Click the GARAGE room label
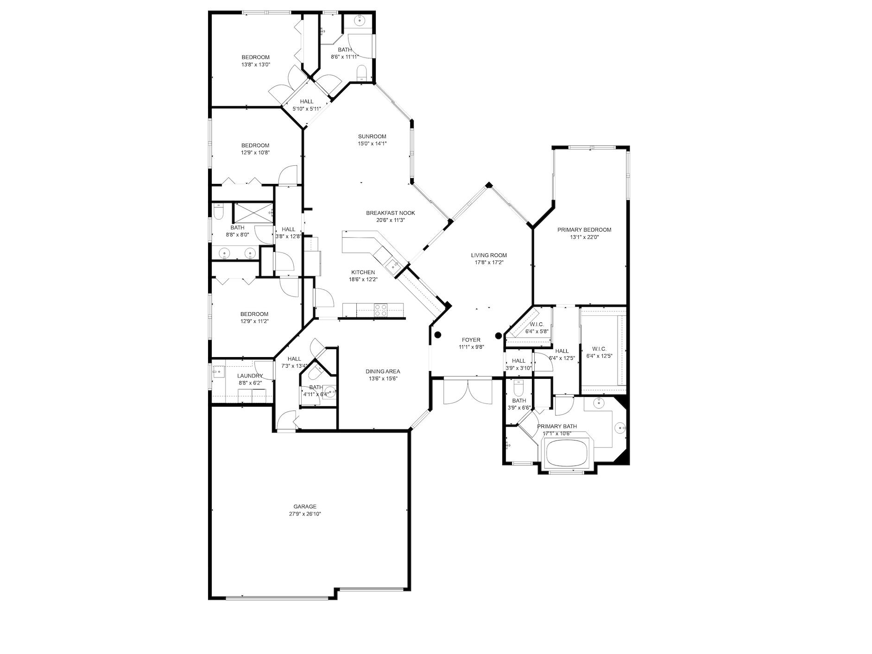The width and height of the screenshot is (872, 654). point(305,506)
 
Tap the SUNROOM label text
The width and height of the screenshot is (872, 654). point(372,136)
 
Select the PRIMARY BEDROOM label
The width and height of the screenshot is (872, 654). point(584,230)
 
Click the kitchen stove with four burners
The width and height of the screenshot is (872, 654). point(381,309)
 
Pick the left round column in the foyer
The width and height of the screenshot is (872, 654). point(437,334)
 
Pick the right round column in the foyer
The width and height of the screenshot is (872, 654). point(499,336)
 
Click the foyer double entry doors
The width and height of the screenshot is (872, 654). point(468,392)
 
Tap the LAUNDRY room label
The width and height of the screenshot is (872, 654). point(250,376)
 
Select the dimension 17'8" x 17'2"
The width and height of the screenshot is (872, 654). point(489,262)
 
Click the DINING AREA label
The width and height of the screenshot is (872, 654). point(383,371)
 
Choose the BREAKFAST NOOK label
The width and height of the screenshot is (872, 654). point(391,213)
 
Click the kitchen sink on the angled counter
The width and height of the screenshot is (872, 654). point(393,265)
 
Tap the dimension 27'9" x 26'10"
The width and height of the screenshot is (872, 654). point(305,514)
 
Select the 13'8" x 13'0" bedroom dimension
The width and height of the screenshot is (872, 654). point(256,65)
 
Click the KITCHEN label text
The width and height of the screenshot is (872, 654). point(363,272)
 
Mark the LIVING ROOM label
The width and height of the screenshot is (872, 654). point(489,255)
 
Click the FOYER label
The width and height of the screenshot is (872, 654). point(471,340)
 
